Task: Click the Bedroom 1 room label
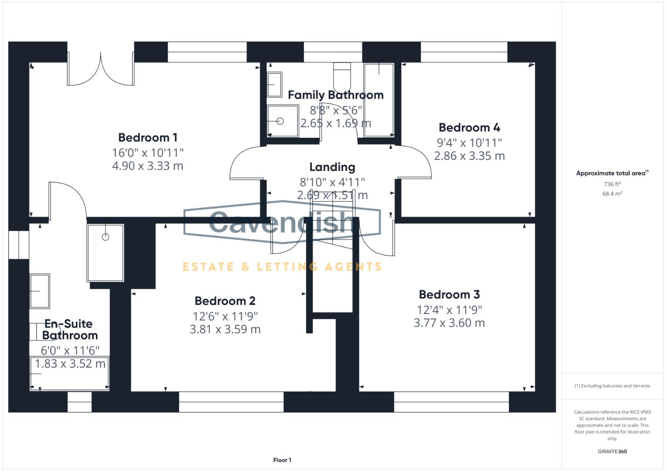tap(148, 137)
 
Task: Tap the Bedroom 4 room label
tap(469, 127)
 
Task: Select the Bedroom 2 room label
tap(225, 301)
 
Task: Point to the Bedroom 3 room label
tap(449, 294)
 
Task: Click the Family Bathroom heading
tap(335, 95)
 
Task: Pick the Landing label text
tap(332, 167)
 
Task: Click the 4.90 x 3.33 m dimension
tap(148, 166)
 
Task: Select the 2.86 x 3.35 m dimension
tap(469, 156)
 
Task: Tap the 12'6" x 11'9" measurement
tap(225, 316)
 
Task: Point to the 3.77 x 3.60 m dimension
tap(449, 323)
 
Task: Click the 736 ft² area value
tap(612, 184)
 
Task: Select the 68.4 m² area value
tap(612, 194)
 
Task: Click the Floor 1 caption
tap(282, 460)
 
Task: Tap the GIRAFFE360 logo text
tap(612, 451)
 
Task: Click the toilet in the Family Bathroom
tap(342, 76)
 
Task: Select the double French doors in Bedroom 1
tap(101, 70)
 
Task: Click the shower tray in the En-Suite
tap(105, 253)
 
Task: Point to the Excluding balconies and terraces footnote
tap(612, 386)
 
